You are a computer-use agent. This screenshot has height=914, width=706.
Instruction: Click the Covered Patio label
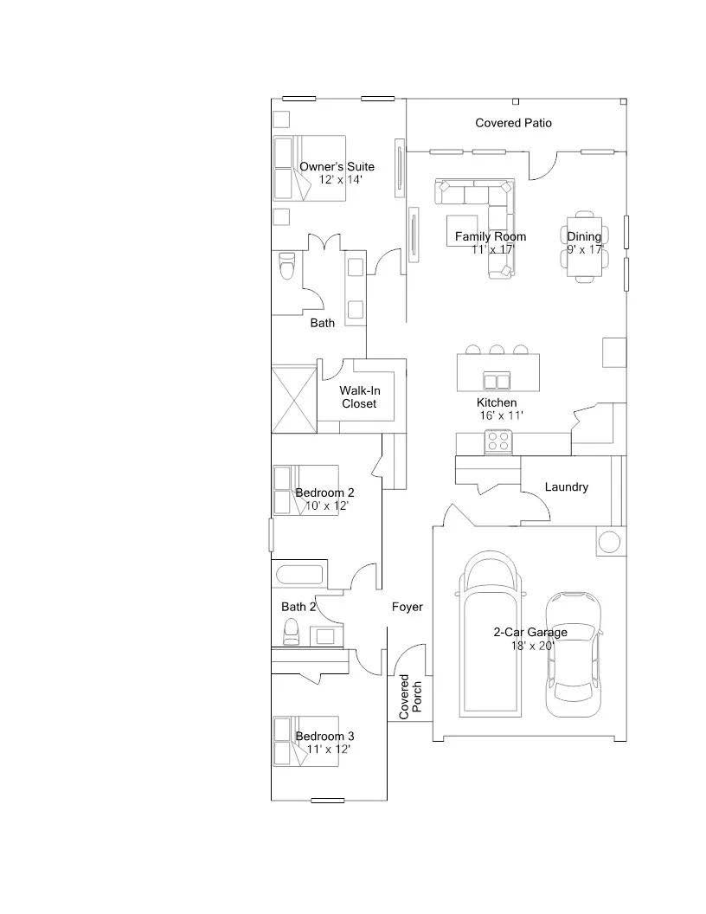pyautogui.click(x=513, y=123)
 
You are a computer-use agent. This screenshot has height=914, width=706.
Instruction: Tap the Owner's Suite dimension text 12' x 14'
pyautogui.click(x=340, y=179)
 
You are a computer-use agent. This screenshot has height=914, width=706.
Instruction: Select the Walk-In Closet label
pyautogui.click(x=359, y=397)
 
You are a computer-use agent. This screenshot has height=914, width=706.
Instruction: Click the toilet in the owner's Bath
pyautogui.click(x=287, y=266)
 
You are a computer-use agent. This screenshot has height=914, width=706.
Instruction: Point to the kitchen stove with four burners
pyautogui.click(x=498, y=441)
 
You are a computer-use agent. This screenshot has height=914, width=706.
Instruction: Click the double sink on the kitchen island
pyautogui.click(x=497, y=381)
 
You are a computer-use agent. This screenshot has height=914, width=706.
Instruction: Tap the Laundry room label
pyautogui.click(x=566, y=486)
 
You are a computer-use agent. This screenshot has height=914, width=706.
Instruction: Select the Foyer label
pyautogui.click(x=408, y=607)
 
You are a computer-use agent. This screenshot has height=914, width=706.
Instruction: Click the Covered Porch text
pyautogui.click(x=410, y=697)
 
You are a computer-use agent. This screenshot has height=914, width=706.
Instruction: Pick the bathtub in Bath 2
pyautogui.click(x=299, y=574)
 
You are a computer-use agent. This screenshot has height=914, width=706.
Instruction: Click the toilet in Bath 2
pyautogui.click(x=291, y=632)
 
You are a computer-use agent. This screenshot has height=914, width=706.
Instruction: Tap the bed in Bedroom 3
pyautogui.click(x=306, y=741)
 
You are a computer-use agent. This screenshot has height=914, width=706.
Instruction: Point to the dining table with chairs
pyautogui.click(x=586, y=247)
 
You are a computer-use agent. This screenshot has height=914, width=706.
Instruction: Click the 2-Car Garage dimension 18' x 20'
pyautogui.click(x=532, y=646)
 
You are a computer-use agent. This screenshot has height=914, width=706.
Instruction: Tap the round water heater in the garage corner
pyautogui.click(x=610, y=542)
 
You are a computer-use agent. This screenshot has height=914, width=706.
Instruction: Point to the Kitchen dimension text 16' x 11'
pyautogui.click(x=502, y=415)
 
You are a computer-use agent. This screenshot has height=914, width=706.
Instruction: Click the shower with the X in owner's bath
pyautogui.click(x=295, y=399)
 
